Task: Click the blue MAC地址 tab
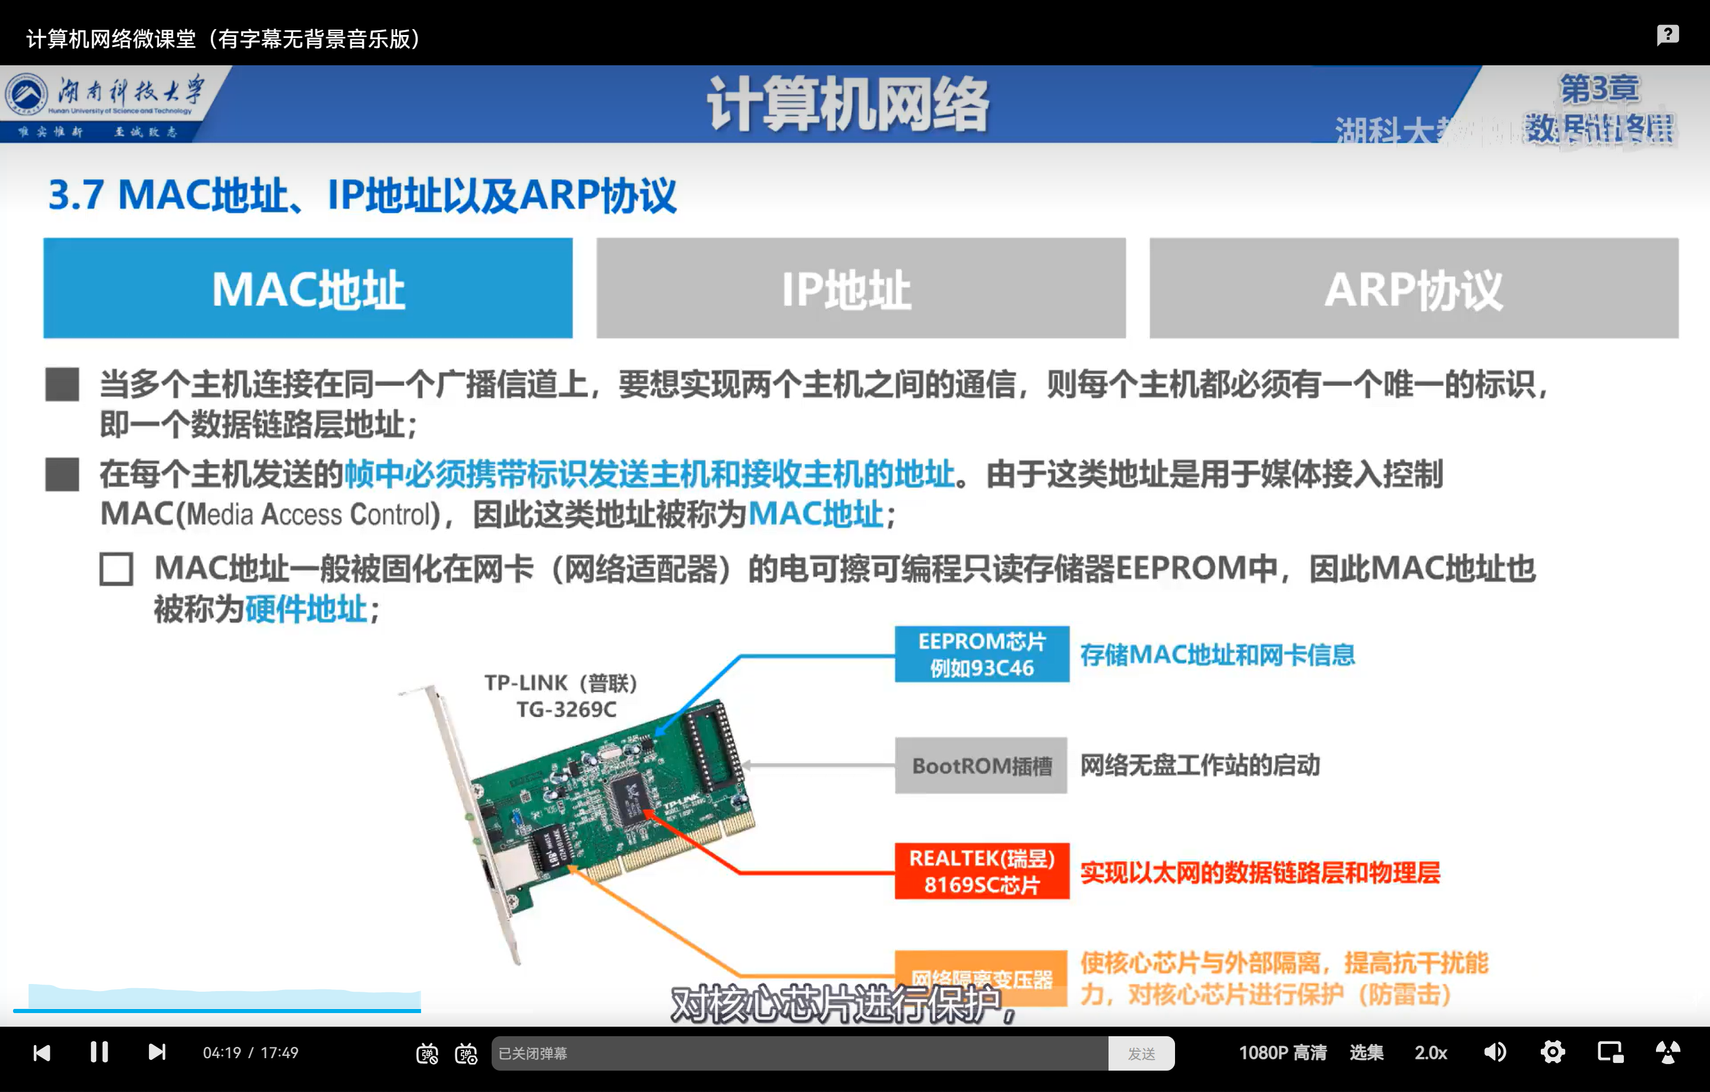(308, 288)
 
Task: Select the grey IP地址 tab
(861, 288)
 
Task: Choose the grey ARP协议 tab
(1413, 288)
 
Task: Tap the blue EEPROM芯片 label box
(981, 654)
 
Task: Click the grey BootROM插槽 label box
(981, 766)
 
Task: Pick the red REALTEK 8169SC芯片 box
(981, 871)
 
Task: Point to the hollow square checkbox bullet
(116, 569)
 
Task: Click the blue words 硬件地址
(306, 609)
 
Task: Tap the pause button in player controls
(99, 1052)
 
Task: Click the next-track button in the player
(157, 1052)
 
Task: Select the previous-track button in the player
(42, 1052)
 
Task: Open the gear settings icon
(1552, 1052)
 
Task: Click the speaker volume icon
(1495, 1052)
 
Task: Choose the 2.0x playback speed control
(1430, 1052)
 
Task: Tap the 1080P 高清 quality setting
(1282, 1052)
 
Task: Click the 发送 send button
(1141, 1053)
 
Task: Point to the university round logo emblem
(26, 94)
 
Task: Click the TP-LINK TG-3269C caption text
(561, 696)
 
